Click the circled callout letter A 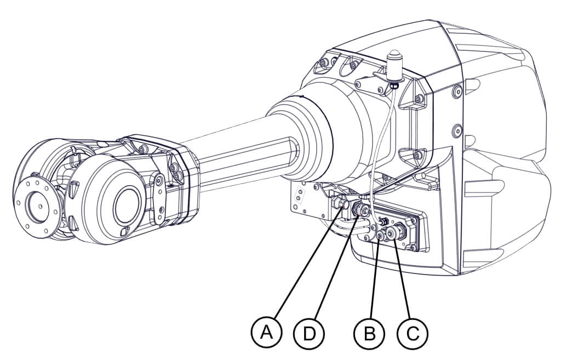click(x=266, y=333)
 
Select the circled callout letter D click(x=309, y=333)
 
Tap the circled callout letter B click(x=370, y=333)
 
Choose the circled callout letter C click(x=413, y=333)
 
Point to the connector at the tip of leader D click(x=359, y=209)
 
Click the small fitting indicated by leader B click(x=381, y=235)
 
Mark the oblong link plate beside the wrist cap click(x=159, y=198)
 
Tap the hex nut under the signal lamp click(x=394, y=85)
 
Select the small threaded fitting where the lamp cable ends click(x=383, y=221)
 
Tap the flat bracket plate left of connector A click(x=304, y=201)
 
